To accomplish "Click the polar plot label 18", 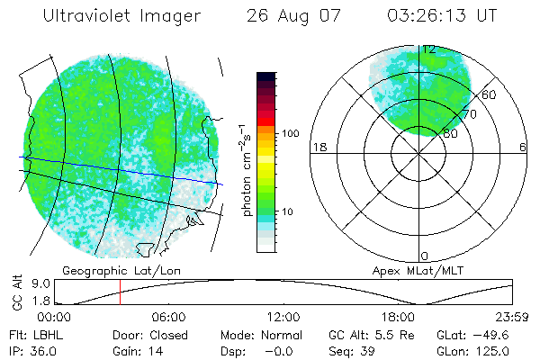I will (317, 147).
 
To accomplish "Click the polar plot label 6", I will (523, 147).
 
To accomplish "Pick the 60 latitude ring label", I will (490, 94).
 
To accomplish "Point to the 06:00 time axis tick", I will (168, 317).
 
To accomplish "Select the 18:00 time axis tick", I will (398, 317).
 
